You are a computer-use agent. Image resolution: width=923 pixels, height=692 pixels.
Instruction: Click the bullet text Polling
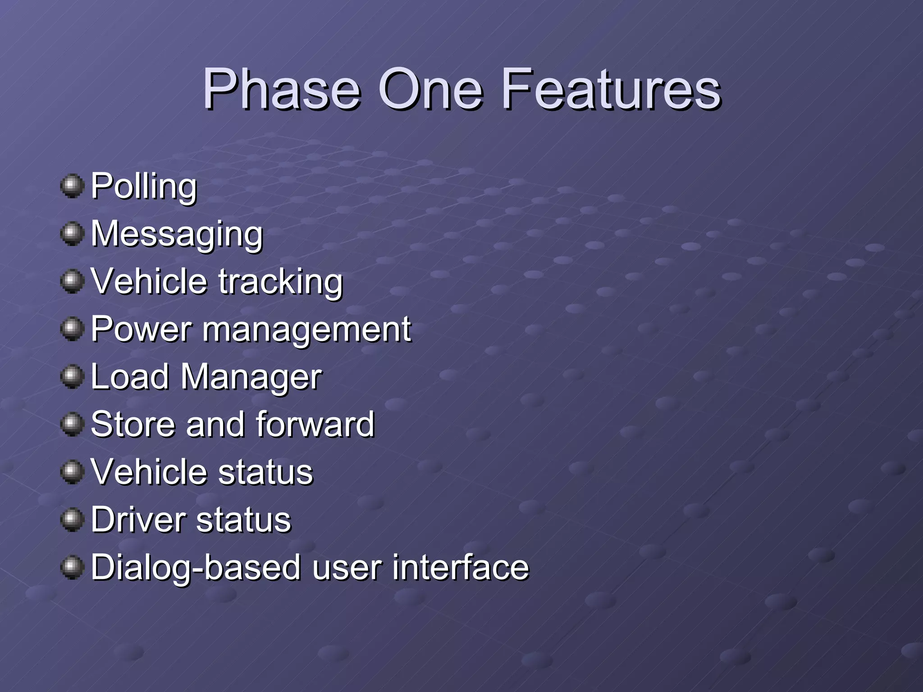coord(144,187)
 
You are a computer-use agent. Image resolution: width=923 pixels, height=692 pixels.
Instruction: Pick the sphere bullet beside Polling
coord(72,186)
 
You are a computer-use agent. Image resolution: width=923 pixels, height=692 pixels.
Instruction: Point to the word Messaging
coord(177,234)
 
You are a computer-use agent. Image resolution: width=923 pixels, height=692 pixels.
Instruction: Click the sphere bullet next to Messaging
coord(72,234)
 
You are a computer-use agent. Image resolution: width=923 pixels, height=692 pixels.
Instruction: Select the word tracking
coord(281,282)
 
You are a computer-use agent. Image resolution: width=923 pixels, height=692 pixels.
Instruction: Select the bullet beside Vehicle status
coord(72,472)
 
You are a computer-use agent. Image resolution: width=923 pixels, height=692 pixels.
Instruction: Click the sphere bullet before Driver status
coord(72,519)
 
